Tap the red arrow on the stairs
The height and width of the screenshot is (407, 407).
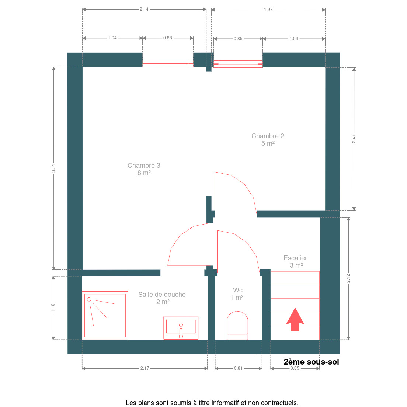295,320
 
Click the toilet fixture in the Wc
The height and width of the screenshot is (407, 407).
237,325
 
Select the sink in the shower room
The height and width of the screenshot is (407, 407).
181,328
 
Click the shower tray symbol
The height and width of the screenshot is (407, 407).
105,315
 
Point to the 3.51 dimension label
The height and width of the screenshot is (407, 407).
53,168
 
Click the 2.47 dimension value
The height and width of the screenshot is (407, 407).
354,138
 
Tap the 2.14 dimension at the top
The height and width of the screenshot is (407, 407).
144,9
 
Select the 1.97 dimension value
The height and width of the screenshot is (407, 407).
268,10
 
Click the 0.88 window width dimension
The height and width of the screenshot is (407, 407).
168,38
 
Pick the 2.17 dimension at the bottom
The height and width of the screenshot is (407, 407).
145,368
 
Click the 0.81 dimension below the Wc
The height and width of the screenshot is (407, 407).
238,368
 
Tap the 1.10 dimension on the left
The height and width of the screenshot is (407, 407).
53,307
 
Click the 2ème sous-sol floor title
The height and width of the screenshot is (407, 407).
311,362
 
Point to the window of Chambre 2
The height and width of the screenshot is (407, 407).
238,64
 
